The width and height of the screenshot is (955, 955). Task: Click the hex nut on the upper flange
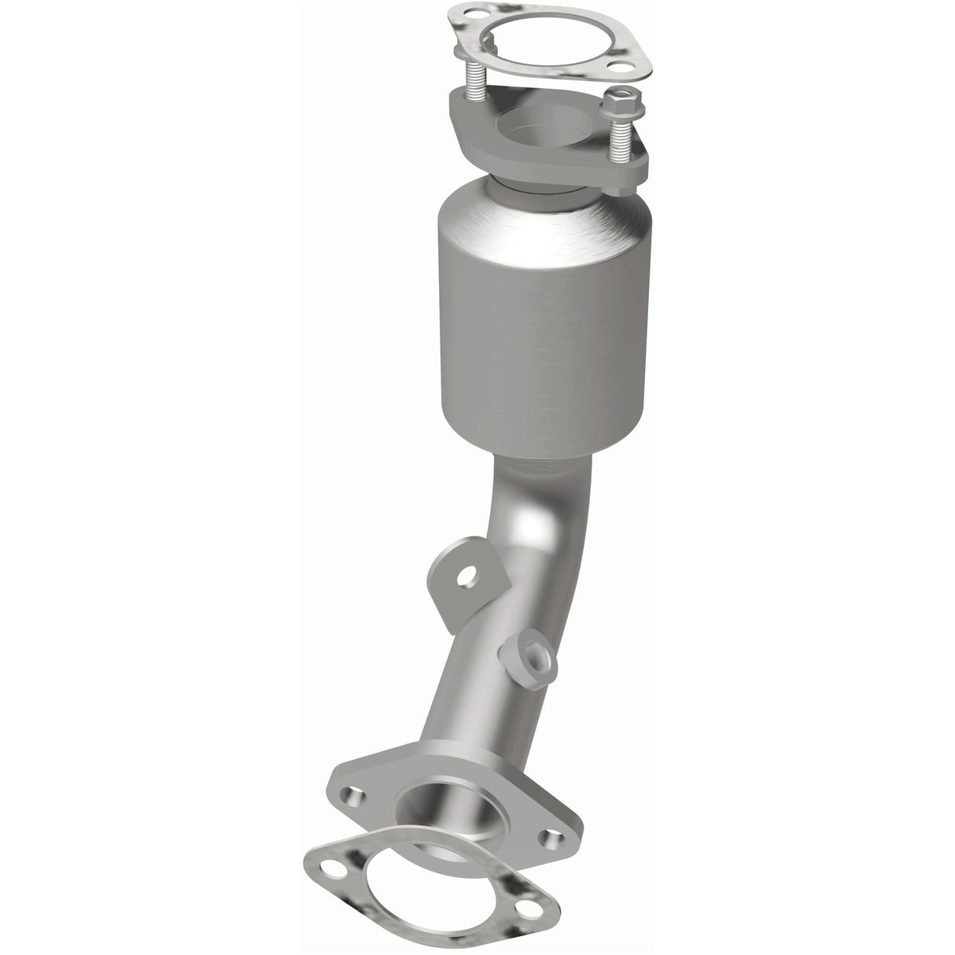614,101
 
